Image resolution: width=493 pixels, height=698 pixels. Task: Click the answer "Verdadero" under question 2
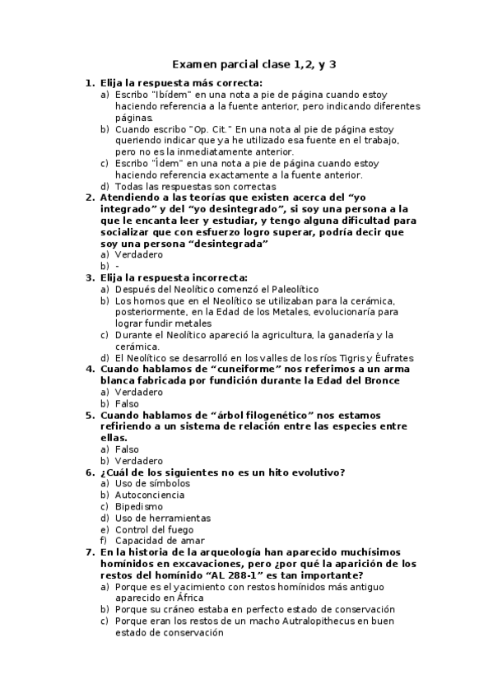pyautogui.click(x=139, y=254)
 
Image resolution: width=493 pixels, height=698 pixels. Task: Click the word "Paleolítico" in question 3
pyautogui.click(x=288, y=289)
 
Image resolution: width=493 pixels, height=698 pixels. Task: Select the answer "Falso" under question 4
pyautogui.click(x=127, y=403)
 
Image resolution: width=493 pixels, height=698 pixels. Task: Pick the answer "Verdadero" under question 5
pyautogui.click(x=139, y=460)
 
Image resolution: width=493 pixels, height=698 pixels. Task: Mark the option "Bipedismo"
pyautogui.click(x=140, y=506)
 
